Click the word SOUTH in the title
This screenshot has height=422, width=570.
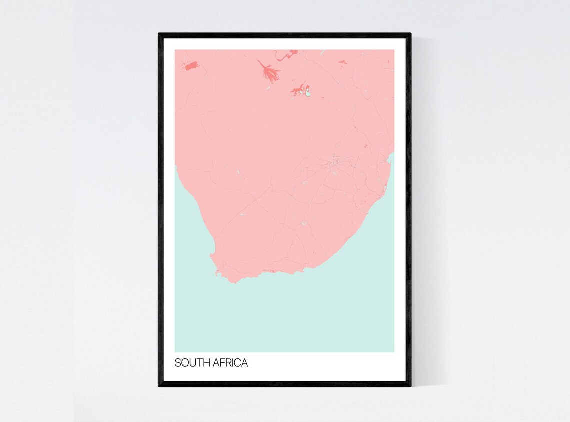click(192, 363)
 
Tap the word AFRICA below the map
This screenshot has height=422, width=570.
click(230, 363)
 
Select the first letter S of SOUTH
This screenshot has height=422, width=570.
click(177, 363)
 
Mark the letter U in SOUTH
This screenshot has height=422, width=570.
click(192, 363)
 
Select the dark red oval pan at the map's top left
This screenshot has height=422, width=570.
click(192, 66)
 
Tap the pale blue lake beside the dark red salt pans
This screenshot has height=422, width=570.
click(308, 93)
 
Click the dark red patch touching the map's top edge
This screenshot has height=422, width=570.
click(292, 52)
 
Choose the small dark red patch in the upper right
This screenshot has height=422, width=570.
click(342, 62)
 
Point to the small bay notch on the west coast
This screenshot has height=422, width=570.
click(212, 255)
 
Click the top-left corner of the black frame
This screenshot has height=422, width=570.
click(159, 34)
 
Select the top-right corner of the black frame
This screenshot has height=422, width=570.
click(410, 34)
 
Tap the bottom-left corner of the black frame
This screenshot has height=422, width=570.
click(159, 385)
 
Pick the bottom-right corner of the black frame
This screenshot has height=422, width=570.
click(410, 385)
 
